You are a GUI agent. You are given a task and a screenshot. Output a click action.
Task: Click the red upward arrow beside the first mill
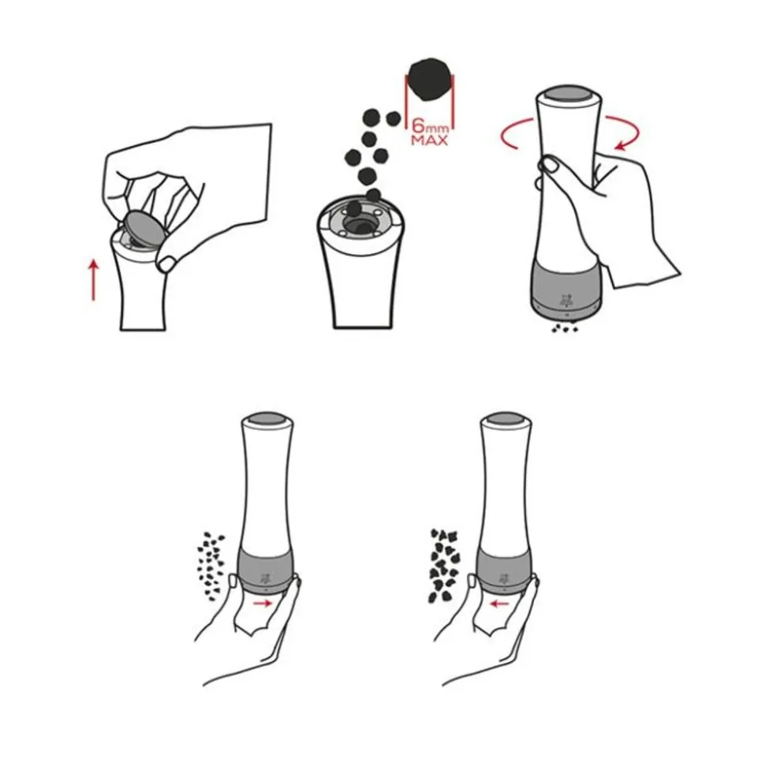(x=93, y=280)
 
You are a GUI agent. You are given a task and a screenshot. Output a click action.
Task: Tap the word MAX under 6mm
(x=429, y=140)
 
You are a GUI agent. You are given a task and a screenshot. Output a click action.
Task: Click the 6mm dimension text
(x=430, y=125)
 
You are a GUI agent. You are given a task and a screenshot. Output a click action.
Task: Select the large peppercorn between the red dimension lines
(x=430, y=80)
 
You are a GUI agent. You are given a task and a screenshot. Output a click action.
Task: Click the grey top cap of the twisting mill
(x=569, y=94)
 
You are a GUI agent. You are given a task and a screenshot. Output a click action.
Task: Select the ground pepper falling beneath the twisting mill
(x=565, y=328)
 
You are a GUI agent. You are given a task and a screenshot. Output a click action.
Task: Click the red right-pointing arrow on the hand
(x=263, y=603)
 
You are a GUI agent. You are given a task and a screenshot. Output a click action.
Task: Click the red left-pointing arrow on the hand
(x=499, y=604)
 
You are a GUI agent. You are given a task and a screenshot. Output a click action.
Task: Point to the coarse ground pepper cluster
(x=445, y=565)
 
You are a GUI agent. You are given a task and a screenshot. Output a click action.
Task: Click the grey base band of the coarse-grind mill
(x=505, y=569)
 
